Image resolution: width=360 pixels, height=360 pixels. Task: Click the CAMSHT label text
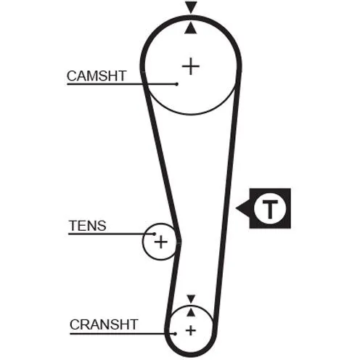click(x=97, y=75)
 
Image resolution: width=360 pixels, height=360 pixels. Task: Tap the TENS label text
click(x=88, y=226)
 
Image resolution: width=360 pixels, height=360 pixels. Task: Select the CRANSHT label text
click(x=104, y=324)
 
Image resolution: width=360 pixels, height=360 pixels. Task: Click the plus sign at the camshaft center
click(x=191, y=66)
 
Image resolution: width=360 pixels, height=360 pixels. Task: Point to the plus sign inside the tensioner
click(x=161, y=242)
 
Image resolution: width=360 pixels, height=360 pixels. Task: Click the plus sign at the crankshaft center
click(x=191, y=330)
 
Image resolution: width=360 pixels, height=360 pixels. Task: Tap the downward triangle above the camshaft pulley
click(x=191, y=7)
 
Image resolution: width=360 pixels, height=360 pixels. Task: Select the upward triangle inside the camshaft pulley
click(x=191, y=28)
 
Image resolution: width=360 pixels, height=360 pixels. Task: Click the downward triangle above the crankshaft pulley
click(x=191, y=299)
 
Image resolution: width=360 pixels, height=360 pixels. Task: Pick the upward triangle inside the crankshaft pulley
click(x=191, y=312)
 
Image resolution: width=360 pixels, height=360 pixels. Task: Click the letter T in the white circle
click(x=270, y=209)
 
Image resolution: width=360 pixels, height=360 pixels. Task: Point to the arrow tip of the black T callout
click(x=236, y=208)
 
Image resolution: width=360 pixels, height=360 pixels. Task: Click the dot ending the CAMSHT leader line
click(x=177, y=84)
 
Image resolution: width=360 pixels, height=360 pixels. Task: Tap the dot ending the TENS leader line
click(x=155, y=234)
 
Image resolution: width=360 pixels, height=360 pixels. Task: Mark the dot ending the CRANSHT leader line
click(x=175, y=334)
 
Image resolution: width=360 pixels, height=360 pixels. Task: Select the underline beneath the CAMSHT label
click(x=122, y=84)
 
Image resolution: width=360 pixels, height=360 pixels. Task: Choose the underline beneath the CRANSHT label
click(x=123, y=334)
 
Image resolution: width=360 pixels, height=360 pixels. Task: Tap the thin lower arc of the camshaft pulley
click(x=191, y=113)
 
